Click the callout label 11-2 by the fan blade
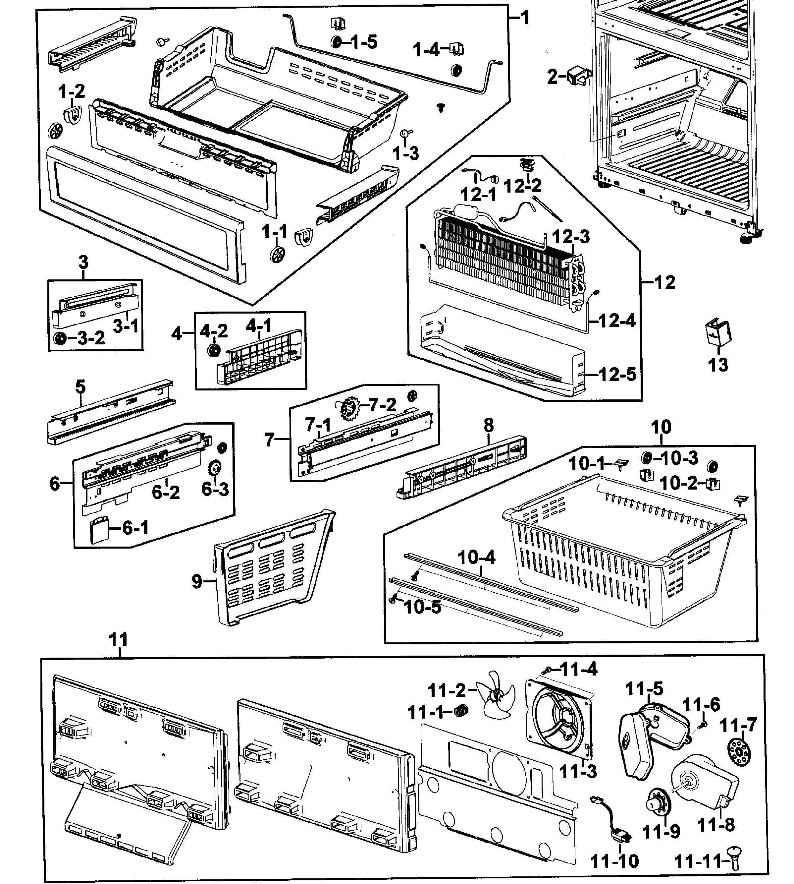click(447, 691)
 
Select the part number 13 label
click(718, 365)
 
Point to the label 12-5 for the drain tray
click(617, 374)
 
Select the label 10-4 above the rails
click(476, 558)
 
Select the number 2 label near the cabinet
click(552, 77)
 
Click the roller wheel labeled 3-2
click(59, 338)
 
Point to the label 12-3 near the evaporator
click(571, 237)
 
